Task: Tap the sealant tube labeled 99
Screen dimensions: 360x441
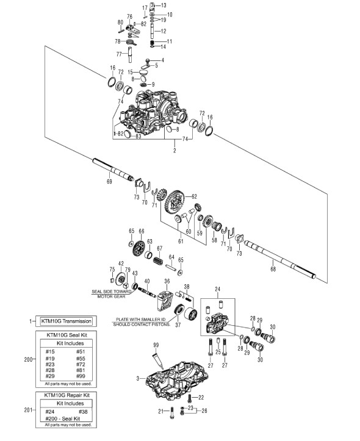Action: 158,361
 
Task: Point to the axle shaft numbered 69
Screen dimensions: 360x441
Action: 113,170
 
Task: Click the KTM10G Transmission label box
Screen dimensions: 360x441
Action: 67,321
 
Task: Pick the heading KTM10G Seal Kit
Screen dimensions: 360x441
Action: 67,335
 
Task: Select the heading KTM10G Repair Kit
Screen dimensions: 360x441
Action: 67,395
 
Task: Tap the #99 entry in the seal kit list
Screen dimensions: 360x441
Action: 81,376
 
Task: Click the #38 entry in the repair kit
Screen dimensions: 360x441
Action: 83,412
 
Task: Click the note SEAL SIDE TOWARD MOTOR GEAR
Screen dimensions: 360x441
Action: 112,294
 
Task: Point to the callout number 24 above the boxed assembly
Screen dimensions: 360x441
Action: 217,289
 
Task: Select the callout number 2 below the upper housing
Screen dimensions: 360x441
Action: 175,151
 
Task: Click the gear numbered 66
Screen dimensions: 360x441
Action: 139,248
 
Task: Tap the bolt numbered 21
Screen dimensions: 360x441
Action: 172,412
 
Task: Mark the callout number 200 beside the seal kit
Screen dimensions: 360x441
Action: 28,359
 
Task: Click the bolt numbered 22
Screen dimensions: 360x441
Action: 190,398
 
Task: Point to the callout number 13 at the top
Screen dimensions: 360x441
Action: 164,5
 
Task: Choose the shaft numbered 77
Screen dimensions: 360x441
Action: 130,55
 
